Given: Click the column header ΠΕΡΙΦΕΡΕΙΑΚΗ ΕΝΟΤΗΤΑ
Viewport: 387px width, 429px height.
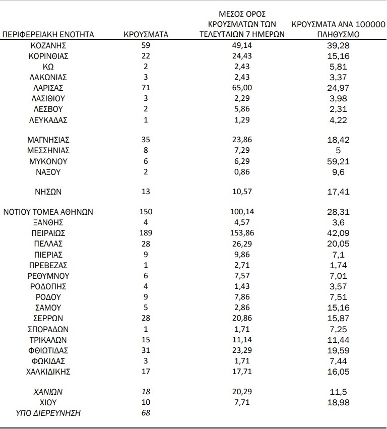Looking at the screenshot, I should point(48,35).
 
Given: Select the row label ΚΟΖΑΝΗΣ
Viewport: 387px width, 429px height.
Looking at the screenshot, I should point(48,45).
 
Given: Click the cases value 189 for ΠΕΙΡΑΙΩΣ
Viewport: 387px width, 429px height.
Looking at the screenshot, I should point(146,233).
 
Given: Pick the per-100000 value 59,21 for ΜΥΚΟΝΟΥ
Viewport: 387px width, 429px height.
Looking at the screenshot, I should point(339,162).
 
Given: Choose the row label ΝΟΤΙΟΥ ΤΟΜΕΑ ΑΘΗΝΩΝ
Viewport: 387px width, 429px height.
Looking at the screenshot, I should point(48,212).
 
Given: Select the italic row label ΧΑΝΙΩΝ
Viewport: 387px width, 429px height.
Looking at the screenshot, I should point(48,392).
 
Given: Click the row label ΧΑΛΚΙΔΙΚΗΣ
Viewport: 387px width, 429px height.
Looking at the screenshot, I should point(48,372).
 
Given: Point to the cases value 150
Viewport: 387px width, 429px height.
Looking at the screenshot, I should point(146,212).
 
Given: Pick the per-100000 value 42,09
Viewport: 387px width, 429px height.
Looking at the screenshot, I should point(339,233).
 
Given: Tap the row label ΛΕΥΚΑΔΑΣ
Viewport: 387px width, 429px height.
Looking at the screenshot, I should point(48,119).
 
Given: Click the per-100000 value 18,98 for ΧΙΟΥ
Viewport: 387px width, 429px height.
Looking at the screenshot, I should point(339,402).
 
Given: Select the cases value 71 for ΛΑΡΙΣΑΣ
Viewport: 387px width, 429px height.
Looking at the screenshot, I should point(146,88).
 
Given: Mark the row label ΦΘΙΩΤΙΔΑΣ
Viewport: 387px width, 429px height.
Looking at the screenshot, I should point(48,350).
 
